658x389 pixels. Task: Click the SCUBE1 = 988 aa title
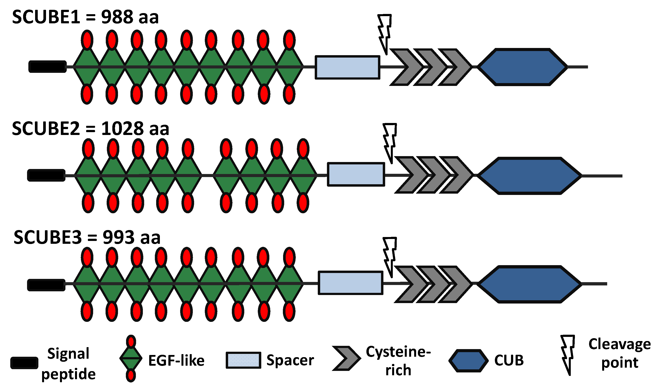coord(85,17)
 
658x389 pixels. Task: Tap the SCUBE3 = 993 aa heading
coord(87,237)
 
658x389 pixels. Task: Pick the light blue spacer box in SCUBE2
coord(356,174)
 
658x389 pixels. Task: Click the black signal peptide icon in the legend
coord(24,363)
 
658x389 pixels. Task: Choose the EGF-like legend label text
coord(176,360)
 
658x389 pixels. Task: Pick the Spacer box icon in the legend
coord(243,360)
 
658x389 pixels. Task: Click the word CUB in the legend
coord(509,360)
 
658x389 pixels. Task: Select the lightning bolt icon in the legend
coord(567,354)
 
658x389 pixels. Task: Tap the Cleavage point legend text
coord(619,353)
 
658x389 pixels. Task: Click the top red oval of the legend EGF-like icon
coord(131,341)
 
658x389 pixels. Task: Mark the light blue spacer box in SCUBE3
coord(350,283)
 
